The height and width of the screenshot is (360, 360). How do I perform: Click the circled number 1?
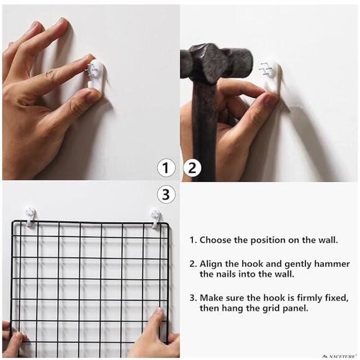pyautogui.click(x=166, y=168)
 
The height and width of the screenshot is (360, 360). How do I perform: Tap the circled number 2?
pyautogui.click(x=192, y=168)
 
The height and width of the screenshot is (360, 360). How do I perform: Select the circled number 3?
pyautogui.click(x=166, y=194)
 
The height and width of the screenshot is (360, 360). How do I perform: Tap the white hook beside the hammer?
pyautogui.click(x=272, y=76)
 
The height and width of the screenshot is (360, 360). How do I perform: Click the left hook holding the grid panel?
pyautogui.click(x=30, y=216)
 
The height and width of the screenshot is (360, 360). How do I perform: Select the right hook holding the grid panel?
pyautogui.click(x=156, y=218)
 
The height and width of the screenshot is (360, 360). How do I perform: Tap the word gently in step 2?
pyautogui.click(x=298, y=264)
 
